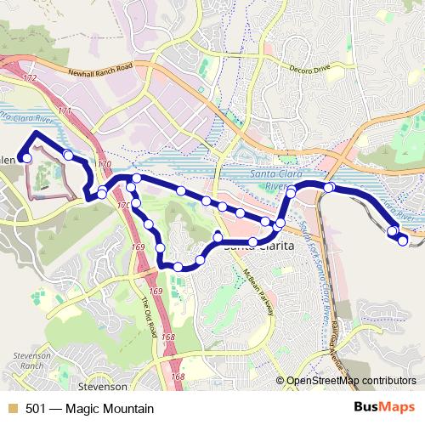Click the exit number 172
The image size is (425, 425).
31,78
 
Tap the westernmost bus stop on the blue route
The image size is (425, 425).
27,157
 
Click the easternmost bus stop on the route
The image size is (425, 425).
403,241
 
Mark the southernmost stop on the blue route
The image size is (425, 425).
178,267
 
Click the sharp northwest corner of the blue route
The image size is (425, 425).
34,133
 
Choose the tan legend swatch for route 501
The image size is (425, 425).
12,408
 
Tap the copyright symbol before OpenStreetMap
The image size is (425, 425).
280,382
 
